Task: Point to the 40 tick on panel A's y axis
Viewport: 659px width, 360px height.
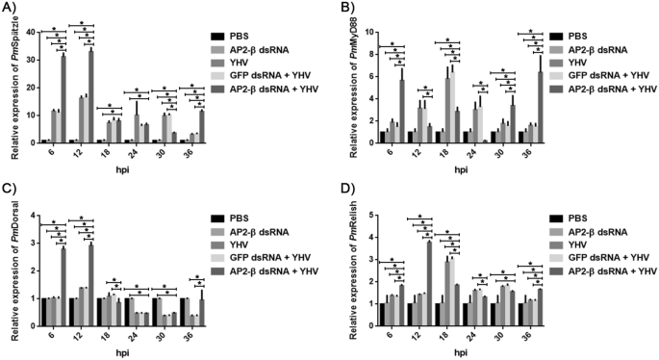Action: tap(30, 32)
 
